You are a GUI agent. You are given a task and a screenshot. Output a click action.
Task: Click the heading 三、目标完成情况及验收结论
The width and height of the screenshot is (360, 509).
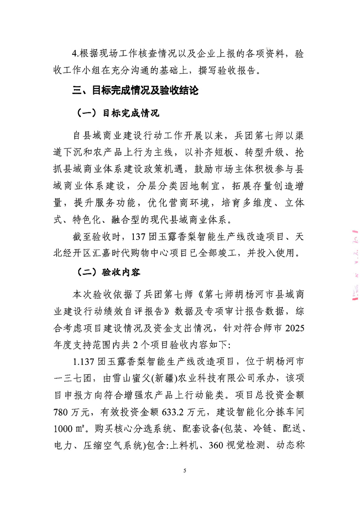click(135, 90)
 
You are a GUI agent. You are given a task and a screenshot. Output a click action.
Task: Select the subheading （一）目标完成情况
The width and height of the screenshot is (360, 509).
click(117, 113)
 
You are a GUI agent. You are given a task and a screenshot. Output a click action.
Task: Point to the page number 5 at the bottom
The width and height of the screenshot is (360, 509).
click(185, 470)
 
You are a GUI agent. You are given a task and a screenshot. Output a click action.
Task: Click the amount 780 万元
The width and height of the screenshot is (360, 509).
click(75, 412)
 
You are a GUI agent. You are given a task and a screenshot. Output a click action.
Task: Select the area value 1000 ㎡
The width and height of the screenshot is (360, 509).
click(69, 429)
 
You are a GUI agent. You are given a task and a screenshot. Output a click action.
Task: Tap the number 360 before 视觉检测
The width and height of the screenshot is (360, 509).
click(216, 446)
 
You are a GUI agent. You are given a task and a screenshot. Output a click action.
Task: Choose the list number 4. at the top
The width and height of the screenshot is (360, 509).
click(75, 54)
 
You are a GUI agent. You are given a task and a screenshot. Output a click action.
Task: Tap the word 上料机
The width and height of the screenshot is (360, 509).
click(184, 446)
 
